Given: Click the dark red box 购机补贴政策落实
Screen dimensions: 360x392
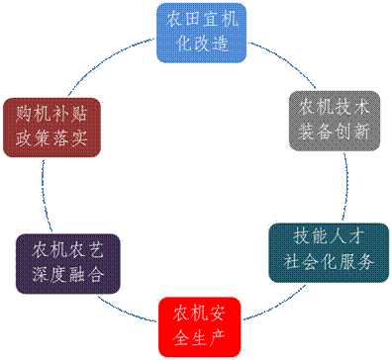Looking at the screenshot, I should pyautogui.click(x=52, y=126).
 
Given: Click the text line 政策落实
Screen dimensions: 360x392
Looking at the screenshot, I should pyautogui.click(x=52, y=137).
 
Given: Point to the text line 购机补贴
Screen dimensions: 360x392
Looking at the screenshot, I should pyautogui.click(x=52, y=113).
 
